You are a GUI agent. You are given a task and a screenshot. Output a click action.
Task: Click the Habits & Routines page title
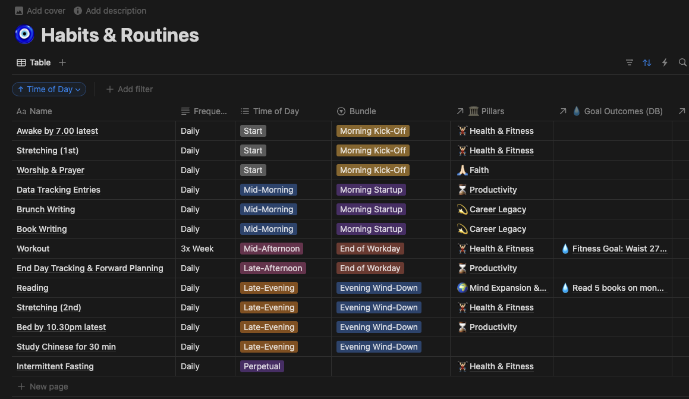coord(119,35)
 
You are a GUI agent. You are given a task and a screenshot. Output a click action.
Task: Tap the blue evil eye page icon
coord(24,34)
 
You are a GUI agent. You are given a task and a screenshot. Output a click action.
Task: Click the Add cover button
coord(40,11)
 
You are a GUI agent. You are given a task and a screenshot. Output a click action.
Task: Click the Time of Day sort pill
coord(49,89)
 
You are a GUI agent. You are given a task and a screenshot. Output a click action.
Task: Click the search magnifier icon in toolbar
coord(682,62)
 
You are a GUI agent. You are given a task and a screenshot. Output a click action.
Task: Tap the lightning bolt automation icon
coord(665,62)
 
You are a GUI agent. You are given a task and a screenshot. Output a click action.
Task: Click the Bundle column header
coord(362,111)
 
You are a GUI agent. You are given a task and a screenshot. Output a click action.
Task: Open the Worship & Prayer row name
coord(51,170)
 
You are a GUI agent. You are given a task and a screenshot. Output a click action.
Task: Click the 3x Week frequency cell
coord(197,249)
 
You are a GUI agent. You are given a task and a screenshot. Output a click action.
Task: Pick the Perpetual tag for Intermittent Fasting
coord(262,366)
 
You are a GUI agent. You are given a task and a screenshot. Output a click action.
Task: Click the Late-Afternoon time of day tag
coord(273,268)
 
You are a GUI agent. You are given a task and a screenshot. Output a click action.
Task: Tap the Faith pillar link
coord(479,170)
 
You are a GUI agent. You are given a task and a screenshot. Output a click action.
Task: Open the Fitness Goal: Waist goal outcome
coord(619,249)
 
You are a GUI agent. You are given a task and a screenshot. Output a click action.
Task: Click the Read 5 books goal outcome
coord(618,288)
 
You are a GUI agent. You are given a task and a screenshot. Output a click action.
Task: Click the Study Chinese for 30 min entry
coord(66,347)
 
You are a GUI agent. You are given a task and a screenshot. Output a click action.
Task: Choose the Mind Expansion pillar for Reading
coord(507,288)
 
